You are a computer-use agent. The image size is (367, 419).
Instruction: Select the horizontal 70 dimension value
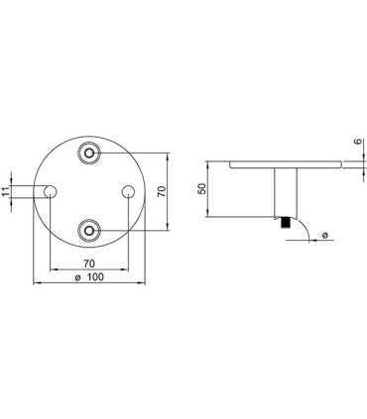(x=89, y=262)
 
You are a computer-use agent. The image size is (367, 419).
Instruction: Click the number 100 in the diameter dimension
(x=95, y=279)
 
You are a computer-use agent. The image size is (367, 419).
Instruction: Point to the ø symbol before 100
(x=78, y=279)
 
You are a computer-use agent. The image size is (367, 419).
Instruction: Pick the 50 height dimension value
(x=202, y=190)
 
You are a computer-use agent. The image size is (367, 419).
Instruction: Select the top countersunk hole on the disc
(x=90, y=153)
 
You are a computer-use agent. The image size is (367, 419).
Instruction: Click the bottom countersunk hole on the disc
(x=90, y=230)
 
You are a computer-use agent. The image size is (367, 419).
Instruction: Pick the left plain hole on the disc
(x=51, y=190)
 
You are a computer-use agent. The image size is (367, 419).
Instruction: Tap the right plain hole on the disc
(x=128, y=190)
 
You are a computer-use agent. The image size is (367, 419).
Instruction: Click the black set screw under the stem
(x=284, y=225)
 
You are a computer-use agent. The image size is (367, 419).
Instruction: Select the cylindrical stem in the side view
(x=284, y=193)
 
